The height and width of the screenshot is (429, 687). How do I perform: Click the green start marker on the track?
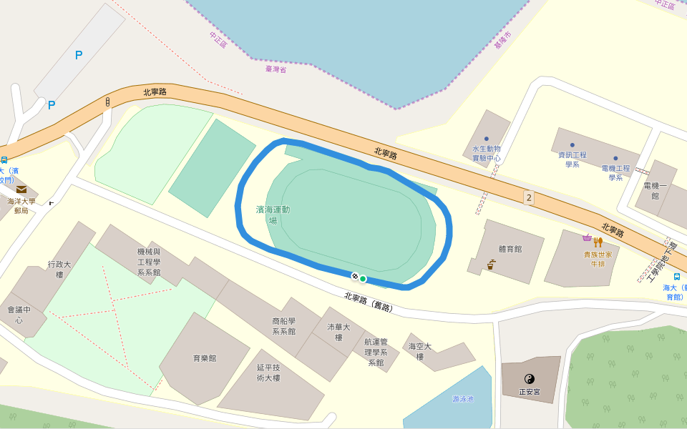click(363, 279)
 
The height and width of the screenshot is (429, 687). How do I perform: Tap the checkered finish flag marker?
click(354, 276)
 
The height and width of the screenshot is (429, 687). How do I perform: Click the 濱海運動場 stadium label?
click(273, 214)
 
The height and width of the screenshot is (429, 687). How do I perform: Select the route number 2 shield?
click(529, 197)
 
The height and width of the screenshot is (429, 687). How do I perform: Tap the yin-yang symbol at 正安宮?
click(530, 379)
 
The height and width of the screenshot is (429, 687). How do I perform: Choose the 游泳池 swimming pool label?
click(463, 399)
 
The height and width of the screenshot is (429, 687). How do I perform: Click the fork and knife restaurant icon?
click(598, 242)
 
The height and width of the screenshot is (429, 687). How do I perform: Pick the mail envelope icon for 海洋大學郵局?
click(21, 189)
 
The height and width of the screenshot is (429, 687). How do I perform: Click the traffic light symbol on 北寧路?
click(107, 102)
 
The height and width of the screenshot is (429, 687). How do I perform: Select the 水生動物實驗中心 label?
click(487, 153)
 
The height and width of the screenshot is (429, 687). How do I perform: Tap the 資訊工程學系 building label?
click(572, 159)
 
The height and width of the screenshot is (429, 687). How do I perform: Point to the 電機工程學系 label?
click(615, 172)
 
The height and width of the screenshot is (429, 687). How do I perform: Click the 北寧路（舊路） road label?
click(369, 301)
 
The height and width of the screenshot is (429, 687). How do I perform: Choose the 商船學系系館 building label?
click(283, 326)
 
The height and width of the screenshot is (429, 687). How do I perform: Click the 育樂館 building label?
click(205, 358)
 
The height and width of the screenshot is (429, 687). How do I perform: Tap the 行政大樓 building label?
click(60, 269)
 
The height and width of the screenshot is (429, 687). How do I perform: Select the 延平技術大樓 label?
click(271, 373)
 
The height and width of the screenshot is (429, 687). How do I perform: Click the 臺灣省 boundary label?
click(276, 69)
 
